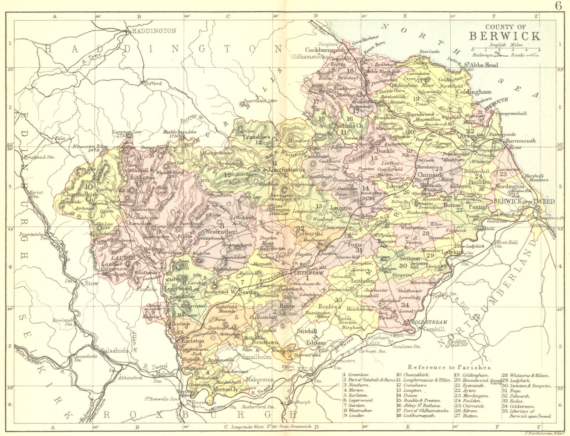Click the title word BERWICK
pyautogui.click(x=504, y=36)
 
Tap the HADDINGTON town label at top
pyautogui.click(x=154, y=31)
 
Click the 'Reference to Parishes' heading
pyautogui.click(x=450, y=367)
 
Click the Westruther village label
pyautogui.click(x=221, y=231)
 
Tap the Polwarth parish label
pyautogui.click(x=309, y=234)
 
